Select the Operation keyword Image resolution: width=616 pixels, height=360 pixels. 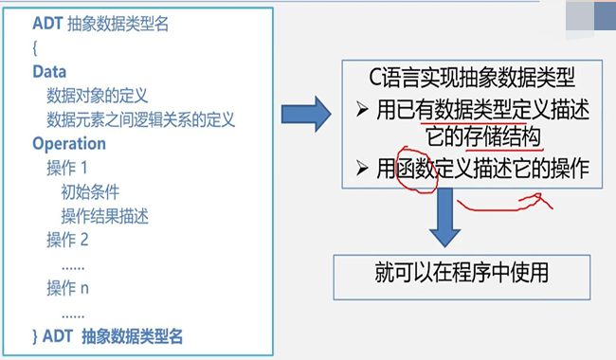(69, 144)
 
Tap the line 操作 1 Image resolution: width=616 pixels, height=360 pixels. (66, 169)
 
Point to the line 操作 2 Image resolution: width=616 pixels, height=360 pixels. (66, 240)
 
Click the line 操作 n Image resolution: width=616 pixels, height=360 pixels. (66, 287)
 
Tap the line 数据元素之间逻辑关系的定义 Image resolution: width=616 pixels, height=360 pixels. (140, 120)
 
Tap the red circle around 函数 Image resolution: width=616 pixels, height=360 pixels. (414, 171)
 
